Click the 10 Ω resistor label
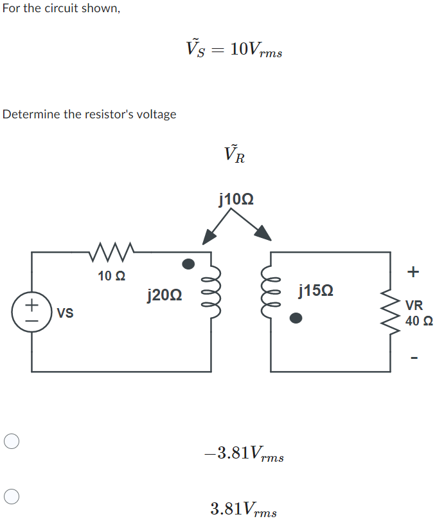pyautogui.click(x=112, y=277)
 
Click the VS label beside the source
pyautogui.click(x=65, y=314)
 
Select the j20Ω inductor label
pyautogui.click(x=164, y=295)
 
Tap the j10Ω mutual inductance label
pyautogui.click(x=236, y=199)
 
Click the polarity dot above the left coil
pyautogui.click(x=188, y=264)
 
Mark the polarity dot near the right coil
pyautogui.click(x=295, y=318)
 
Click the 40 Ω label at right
pyautogui.click(x=418, y=320)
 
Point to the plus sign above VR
pyautogui.click(x=413, y=272)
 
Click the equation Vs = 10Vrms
pyautogui.click(x=234, y=48)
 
